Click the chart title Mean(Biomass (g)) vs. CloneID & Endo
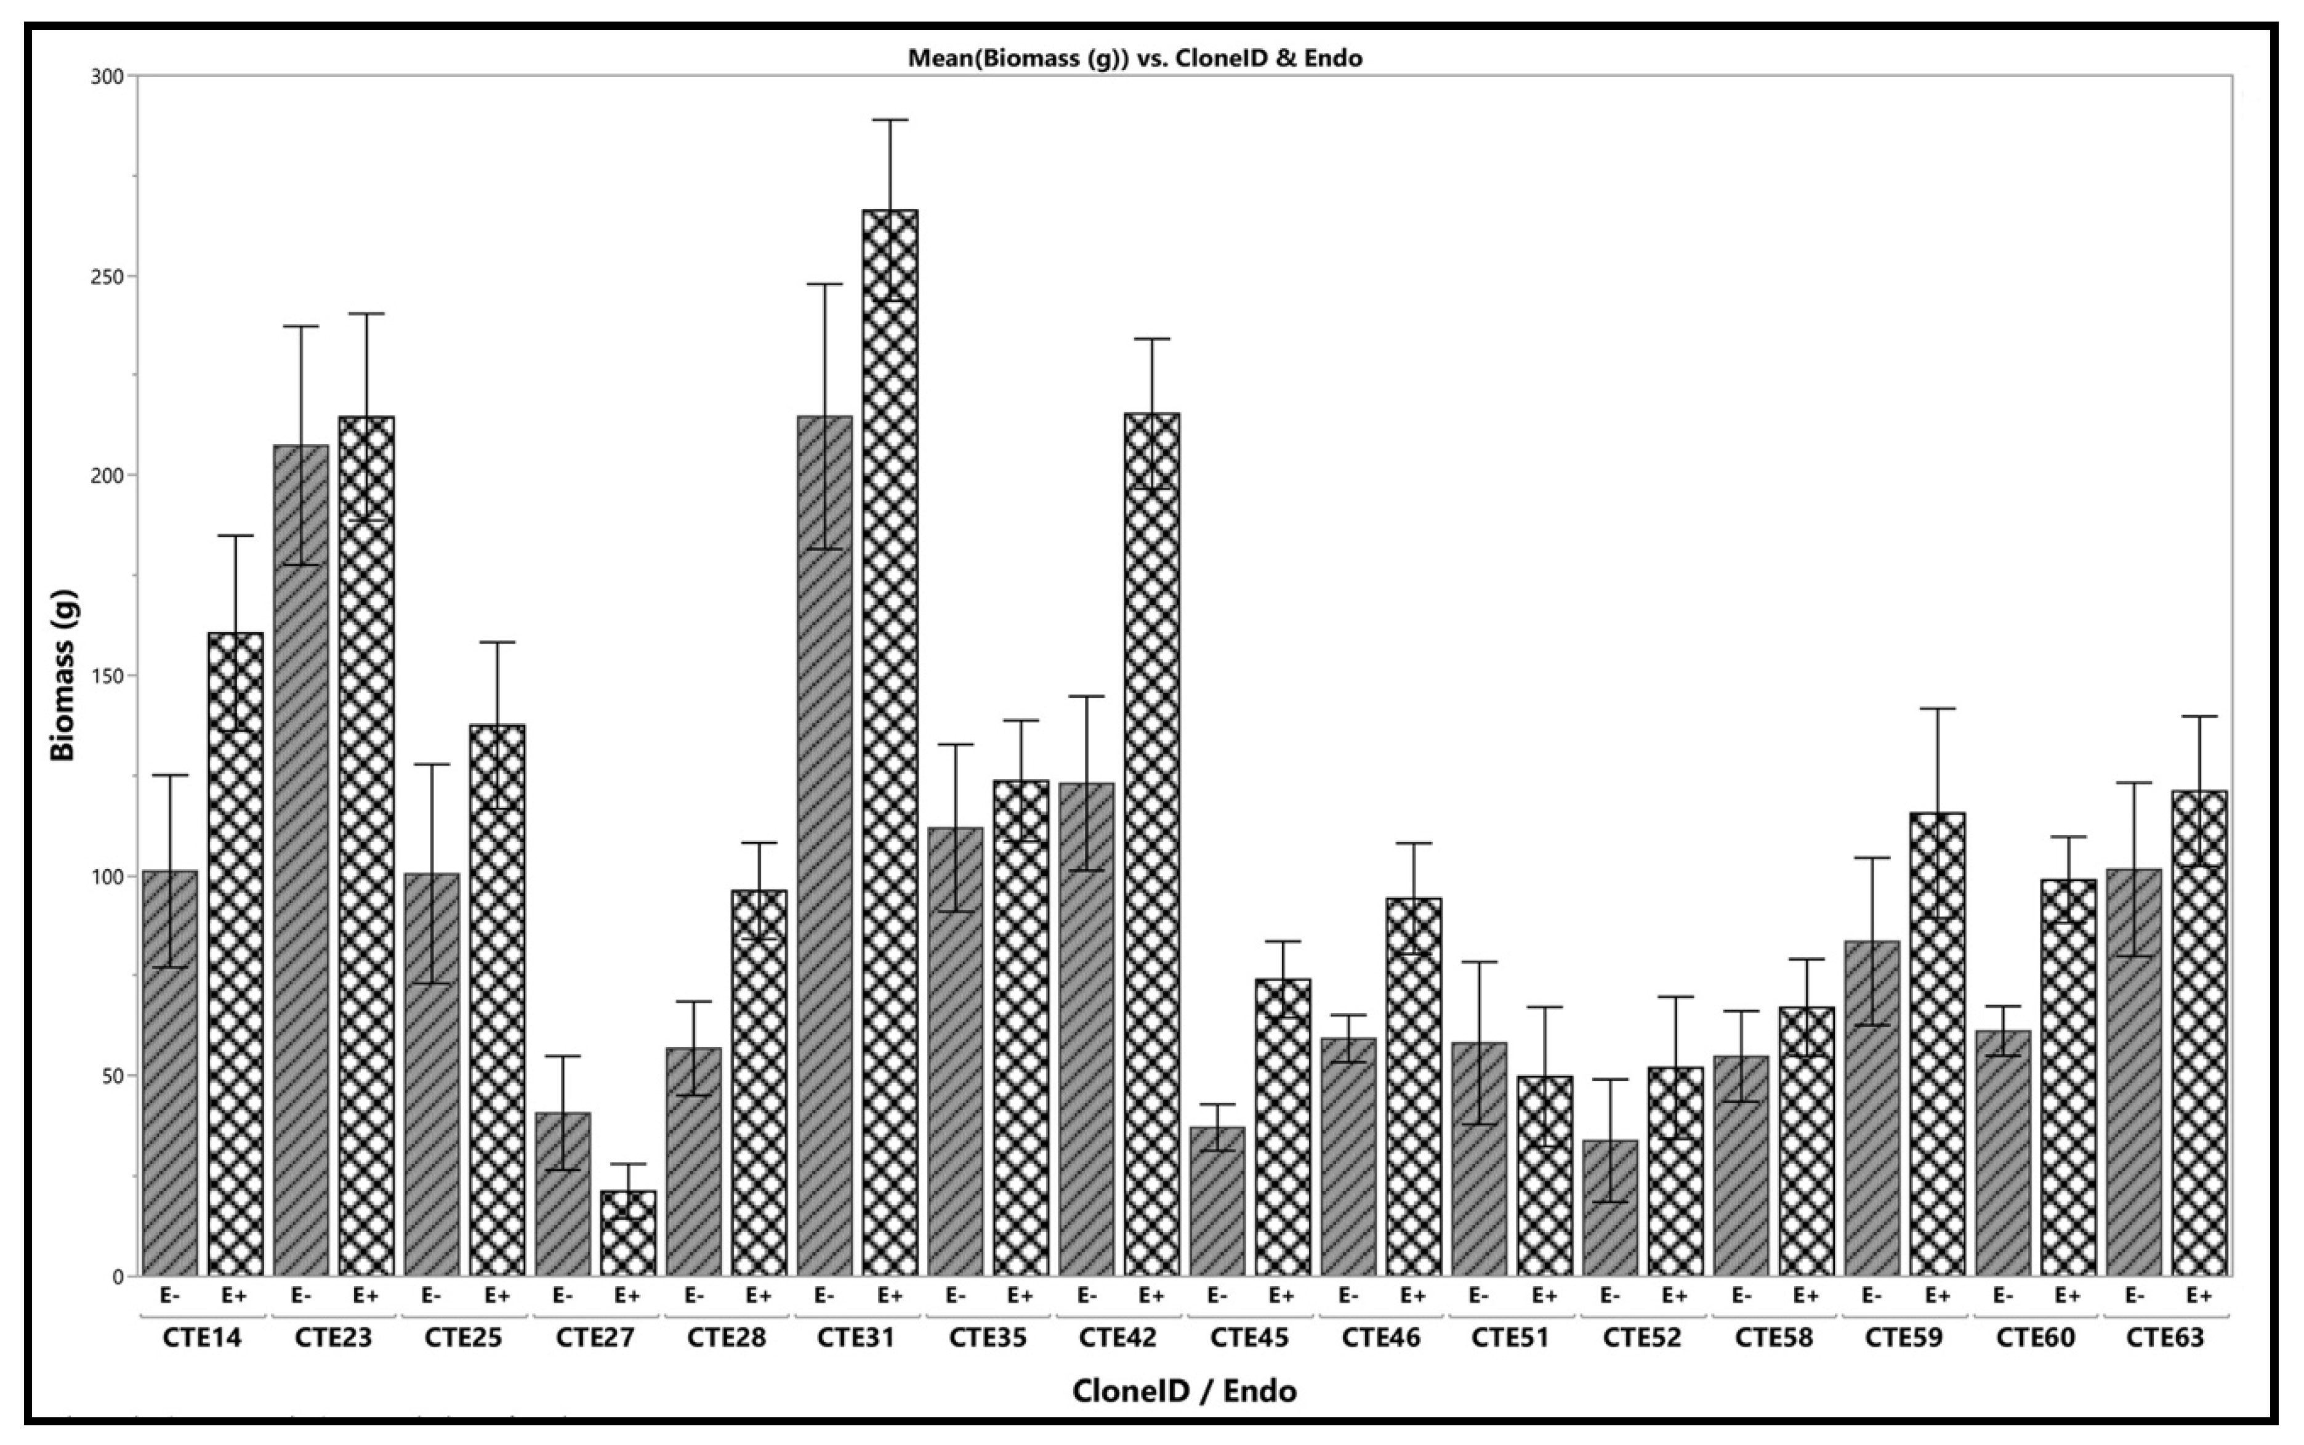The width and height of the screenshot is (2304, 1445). (x=1135, y=59)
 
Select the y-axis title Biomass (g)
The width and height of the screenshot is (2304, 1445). (x=63, y=674)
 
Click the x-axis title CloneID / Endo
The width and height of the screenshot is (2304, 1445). (x=1185, y=1391)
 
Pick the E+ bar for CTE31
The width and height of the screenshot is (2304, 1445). (x=889, y=745)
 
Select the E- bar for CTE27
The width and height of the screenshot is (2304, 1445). (x=563, y=1194)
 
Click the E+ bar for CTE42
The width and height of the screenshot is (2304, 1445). (x=1152, y=846)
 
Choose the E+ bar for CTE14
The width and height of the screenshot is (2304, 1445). (x=236, y=956)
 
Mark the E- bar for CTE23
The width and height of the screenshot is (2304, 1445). (x=301, y=860)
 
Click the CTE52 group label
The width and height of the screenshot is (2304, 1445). (x=1641, y=1337)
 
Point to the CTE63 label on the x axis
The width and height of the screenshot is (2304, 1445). (x=2164, y=1337)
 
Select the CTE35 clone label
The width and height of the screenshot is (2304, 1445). (x=987, y=1337)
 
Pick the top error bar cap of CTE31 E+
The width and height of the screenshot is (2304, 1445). (x=889, y=121)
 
